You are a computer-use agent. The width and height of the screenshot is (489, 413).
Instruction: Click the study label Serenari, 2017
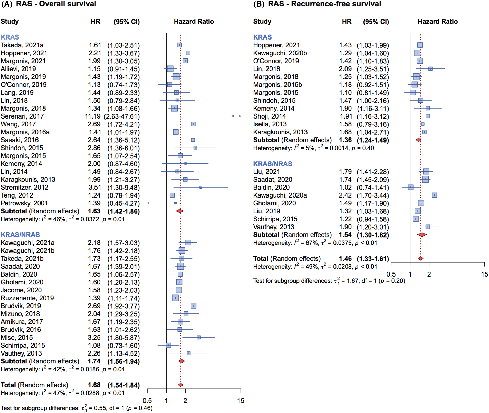coord(22,116)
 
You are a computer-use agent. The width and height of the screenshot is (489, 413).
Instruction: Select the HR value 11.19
coord(93,116)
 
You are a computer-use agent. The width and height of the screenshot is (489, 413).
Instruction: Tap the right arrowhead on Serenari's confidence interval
coord(240,116)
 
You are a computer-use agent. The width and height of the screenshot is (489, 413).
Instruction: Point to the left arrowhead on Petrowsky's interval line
coord(148,203)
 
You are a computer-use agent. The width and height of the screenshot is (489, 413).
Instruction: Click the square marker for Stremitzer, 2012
coord(201,187)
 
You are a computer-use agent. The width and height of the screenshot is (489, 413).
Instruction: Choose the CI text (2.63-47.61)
coord(122,116)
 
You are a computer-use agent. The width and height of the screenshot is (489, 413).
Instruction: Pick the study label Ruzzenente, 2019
coord(27,298)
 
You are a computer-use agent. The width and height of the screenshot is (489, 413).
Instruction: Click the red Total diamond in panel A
coord(181,385)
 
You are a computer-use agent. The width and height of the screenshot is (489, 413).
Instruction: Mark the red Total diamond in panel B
coord(420,258)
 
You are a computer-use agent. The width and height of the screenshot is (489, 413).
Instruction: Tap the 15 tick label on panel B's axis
coord(484,274)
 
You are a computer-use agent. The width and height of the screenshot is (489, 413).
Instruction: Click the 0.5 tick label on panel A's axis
coord(147,401)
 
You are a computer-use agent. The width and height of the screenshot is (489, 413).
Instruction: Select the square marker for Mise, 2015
coord(199,337)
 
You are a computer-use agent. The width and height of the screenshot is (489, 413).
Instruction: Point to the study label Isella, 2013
coord(270,124)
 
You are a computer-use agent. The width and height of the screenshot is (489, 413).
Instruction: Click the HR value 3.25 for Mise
coord(94,338)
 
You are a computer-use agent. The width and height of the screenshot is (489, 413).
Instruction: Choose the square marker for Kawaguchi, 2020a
coord(434,195)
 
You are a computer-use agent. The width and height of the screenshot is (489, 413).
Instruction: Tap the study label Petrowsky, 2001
coord(24,203)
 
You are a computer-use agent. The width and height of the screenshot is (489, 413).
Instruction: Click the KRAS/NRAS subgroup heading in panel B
coord(273,164)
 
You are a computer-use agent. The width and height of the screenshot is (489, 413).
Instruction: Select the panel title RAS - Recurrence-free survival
coord(324,4)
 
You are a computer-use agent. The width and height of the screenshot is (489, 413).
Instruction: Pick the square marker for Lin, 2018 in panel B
coord(430,69)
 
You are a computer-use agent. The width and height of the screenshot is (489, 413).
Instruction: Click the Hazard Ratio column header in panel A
coord(194,22)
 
